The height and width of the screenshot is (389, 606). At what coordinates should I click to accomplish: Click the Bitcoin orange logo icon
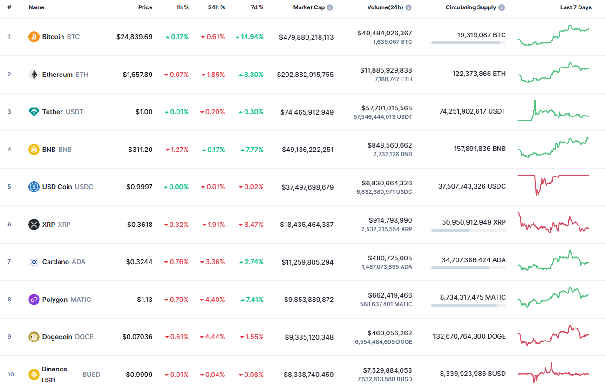34,37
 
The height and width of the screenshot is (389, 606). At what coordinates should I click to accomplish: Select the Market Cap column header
308,7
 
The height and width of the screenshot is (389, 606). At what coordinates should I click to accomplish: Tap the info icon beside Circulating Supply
502,7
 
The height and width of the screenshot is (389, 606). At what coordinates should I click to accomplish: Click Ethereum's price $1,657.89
137,75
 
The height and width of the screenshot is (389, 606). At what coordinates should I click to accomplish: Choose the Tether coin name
53,112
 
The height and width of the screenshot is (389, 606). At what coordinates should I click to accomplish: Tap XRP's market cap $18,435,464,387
306,225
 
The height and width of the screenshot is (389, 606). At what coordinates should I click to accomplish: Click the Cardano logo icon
34,262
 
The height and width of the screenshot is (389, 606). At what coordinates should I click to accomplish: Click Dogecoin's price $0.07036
137,337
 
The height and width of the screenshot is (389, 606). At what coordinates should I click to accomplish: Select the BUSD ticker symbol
91,375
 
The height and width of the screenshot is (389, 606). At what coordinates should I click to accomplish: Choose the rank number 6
9,225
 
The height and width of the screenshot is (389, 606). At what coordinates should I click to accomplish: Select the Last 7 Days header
576,7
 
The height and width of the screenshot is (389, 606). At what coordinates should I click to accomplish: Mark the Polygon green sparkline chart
553,297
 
